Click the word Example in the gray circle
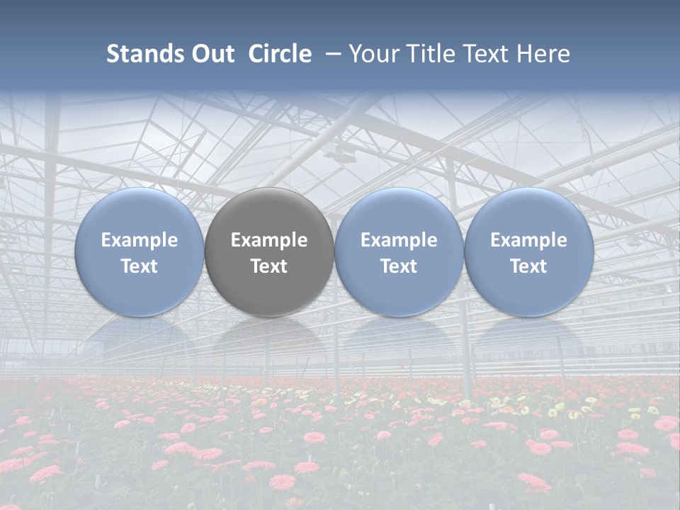click(269, 240)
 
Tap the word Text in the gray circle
click(269, 266)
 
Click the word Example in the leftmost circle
click(140, 240)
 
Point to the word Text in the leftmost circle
click(140, 266)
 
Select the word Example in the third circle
click(399, 240)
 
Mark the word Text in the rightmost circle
click(528, 266)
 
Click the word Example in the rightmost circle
click(528, 240)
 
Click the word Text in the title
click(489, 54)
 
